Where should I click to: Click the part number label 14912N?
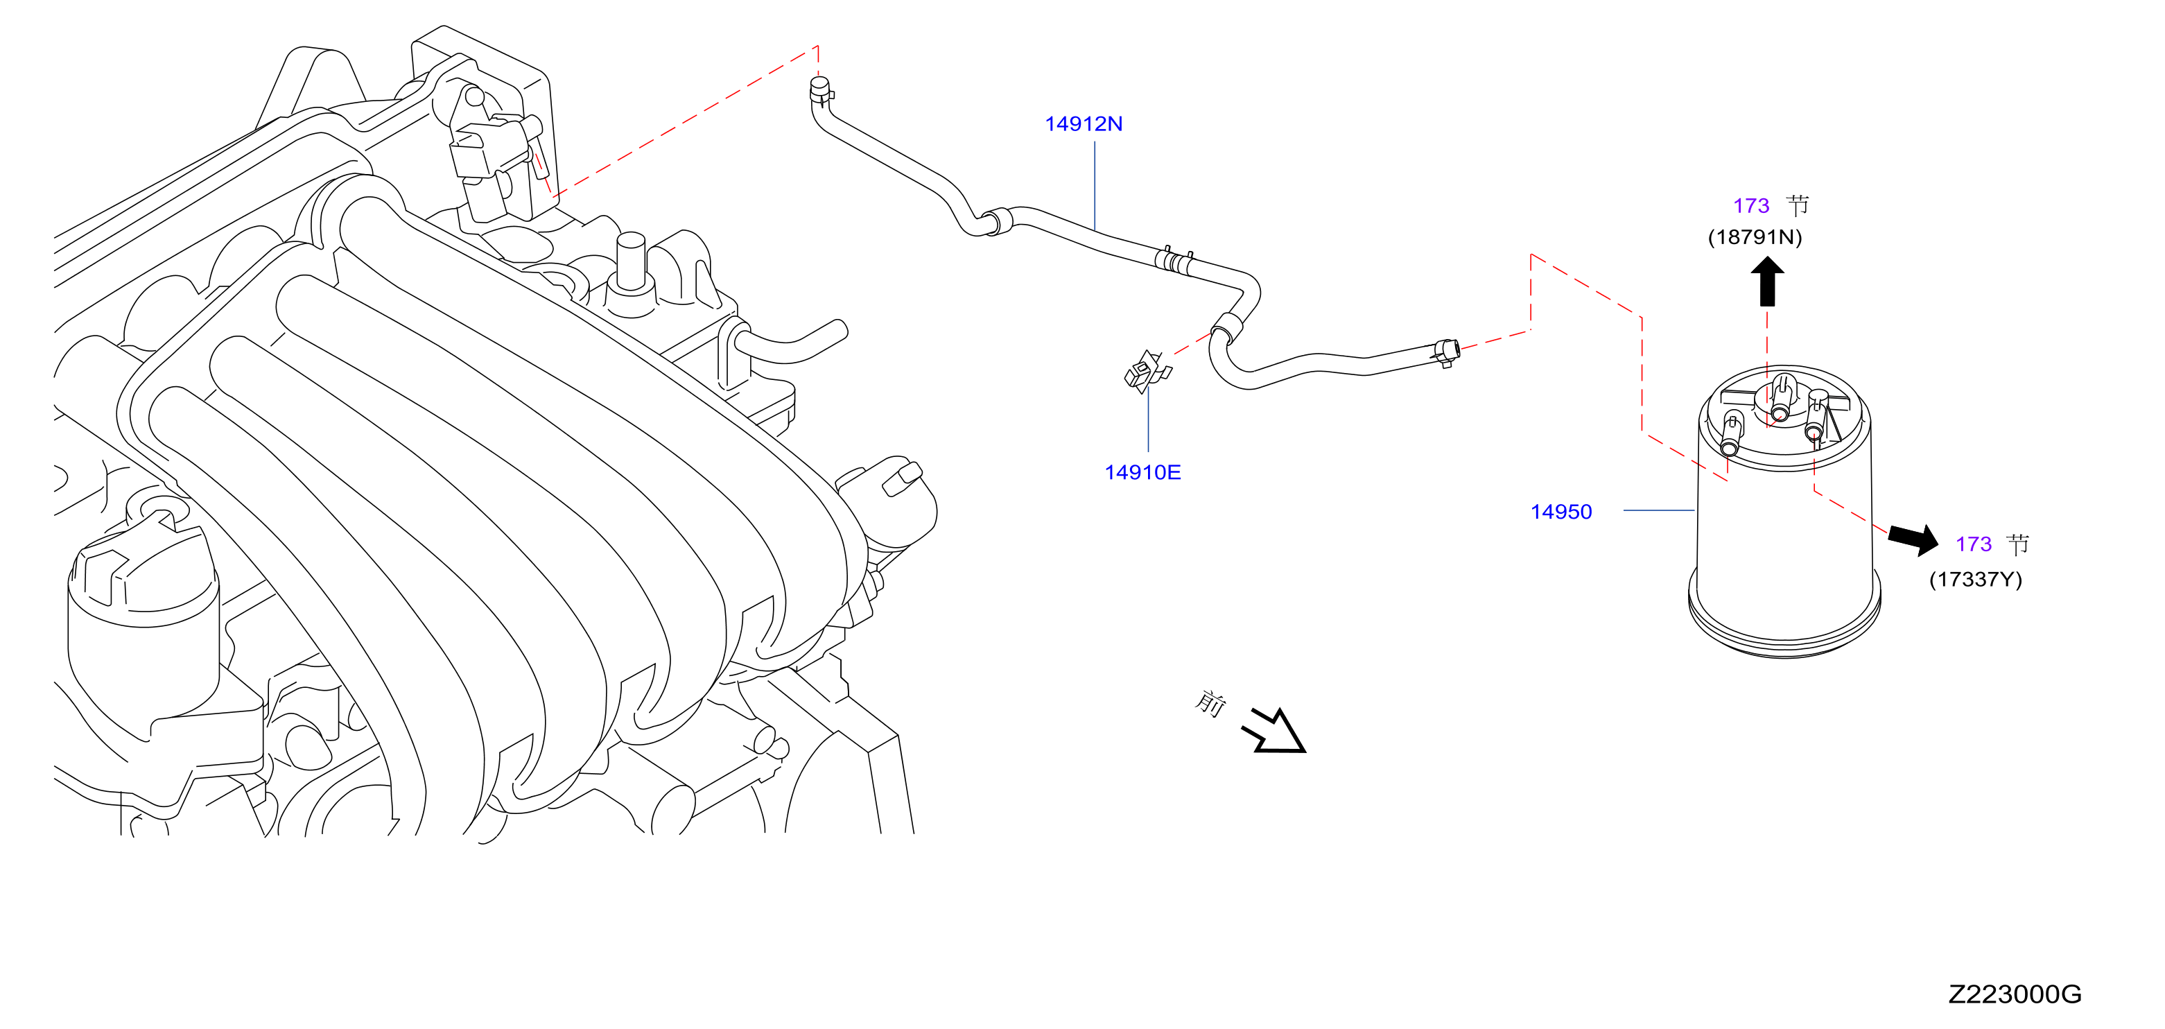click(x=1083, y=124)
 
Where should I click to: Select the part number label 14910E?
click(x=1142, y=472)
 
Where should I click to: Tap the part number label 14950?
click(x=1560, y=512)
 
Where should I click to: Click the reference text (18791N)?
click(x=1755, y=237)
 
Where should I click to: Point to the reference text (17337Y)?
click(x=1975, y=579)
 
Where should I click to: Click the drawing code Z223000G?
click(x=2015, y=994)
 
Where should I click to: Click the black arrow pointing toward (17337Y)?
click(x=1913, y=539)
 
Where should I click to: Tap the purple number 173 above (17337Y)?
click(x=1974, y=545)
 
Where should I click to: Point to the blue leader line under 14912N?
click(x=1094, y=186)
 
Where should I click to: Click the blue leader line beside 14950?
click(x=1658, y=510)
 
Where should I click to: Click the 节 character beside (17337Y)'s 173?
click(x=2018, y=545)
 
